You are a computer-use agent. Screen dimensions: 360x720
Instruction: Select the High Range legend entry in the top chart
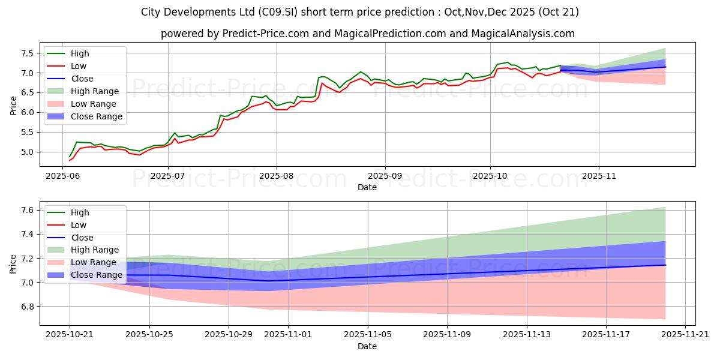(95, 92)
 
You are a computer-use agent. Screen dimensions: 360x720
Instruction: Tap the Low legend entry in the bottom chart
(79, 225)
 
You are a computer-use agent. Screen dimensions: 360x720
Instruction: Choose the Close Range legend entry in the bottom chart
(97, 275)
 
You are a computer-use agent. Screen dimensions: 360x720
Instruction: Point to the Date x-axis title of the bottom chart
(367, 346)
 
